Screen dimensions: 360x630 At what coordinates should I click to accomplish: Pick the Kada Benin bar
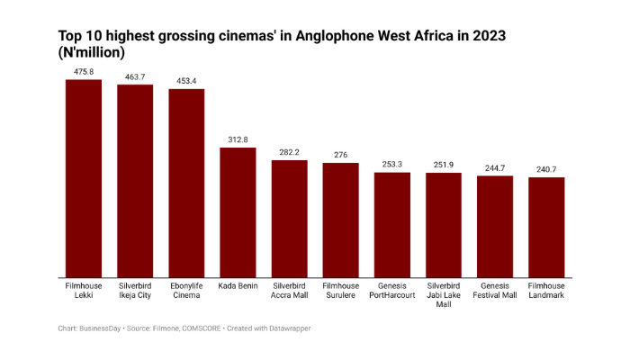238,212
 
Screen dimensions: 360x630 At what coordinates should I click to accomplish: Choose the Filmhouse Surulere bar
340,220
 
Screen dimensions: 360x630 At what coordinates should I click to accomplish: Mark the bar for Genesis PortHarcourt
391,225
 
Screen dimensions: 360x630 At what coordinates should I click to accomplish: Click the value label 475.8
84,71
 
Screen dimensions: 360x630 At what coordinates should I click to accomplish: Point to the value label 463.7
135,76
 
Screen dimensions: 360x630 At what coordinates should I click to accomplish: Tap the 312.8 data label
238,139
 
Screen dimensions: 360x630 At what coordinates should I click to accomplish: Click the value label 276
340,155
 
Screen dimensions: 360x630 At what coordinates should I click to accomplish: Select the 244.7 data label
495,167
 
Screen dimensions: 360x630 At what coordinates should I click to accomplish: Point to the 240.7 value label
546,169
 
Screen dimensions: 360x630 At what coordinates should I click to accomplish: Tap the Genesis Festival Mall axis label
495,290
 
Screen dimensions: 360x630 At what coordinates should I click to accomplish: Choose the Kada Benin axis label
238,285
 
